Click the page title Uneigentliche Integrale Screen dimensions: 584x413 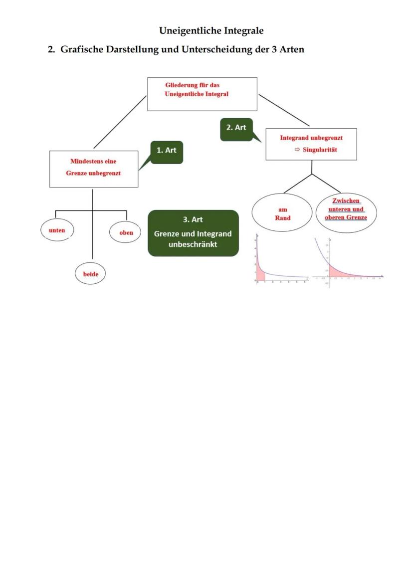click(x=211, y=30)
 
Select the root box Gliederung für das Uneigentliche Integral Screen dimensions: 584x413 click(x=202, y=94)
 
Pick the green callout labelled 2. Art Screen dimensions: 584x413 click(x=236, y=129)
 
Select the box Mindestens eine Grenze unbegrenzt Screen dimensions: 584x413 click(x=94, y=169)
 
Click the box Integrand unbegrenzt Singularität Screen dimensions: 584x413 click(x=311, y=145)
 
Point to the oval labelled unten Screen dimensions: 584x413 click(x=57, y=230)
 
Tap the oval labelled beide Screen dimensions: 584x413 click(x=90, y=274)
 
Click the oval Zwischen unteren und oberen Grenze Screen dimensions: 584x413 click(x=346, y=209)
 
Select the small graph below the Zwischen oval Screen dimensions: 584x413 click(x=348, y=260)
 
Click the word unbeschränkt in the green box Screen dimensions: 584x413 click(x=193, y=244)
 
